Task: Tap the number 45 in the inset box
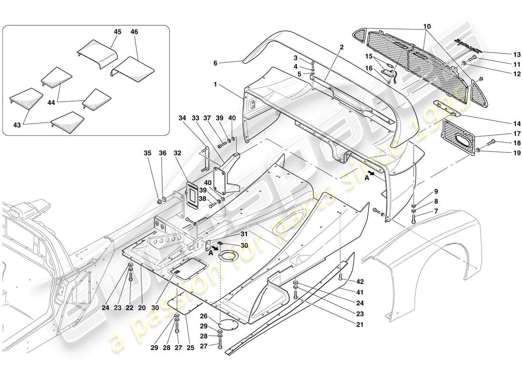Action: coord(117,32)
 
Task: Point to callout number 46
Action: coord(134,32)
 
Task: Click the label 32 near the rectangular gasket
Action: coord(177,153)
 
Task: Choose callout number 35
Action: coord(147,153)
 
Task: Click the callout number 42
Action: coord(360,281)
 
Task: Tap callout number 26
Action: coord(203,316)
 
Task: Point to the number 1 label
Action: coord(215,85)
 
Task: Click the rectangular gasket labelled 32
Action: coord(192,196)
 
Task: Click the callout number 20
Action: coord(141,307)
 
